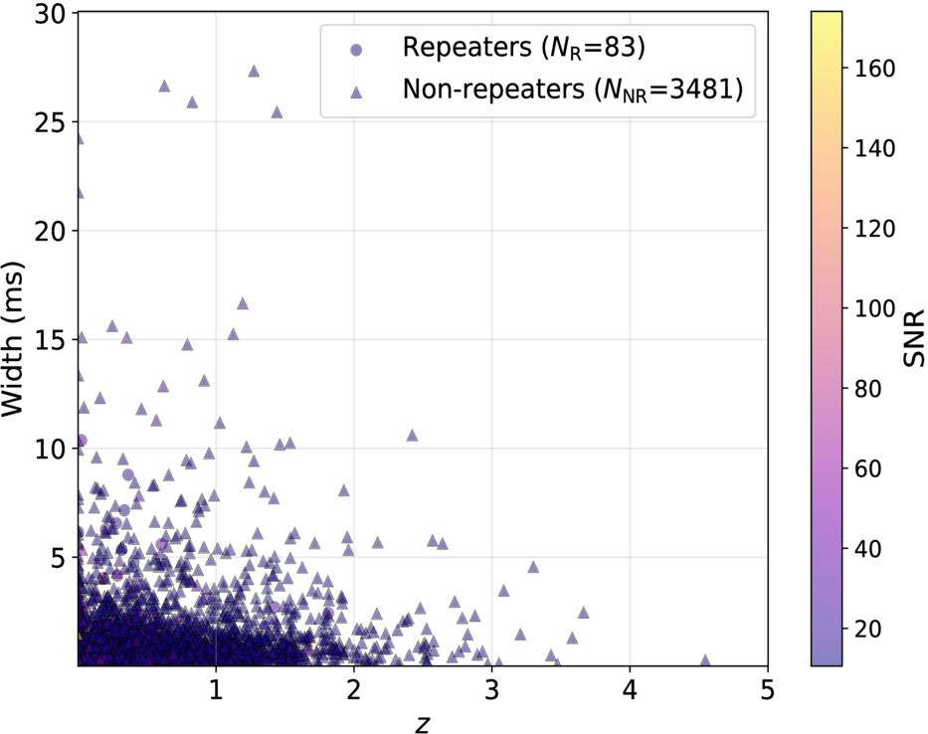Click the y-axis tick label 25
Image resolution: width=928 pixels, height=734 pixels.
[x=49, y=122]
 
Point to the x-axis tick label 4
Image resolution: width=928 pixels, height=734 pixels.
[x=630, y=690]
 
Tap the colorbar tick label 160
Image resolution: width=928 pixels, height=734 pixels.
[x=874, y=69]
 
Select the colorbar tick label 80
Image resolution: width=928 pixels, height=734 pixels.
[x=867, y=389]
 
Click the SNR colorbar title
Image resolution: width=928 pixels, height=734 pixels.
[x=914, y=338]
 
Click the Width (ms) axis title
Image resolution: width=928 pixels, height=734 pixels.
[x=12, y=338]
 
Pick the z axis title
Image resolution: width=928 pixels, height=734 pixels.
[x=422, y=723]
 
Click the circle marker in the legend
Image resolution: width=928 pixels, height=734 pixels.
[x=356, y=51]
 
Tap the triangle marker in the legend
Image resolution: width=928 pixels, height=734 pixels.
[x=356, y=92]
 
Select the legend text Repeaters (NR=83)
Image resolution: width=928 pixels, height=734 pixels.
[x=523, y=47]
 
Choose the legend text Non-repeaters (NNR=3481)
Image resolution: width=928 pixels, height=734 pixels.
[x=572, y=90]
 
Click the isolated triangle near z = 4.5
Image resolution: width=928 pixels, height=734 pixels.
[x=705, y=660]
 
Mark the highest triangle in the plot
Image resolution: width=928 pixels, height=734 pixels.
[x=254, y=71]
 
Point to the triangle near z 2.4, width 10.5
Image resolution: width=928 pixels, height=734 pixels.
[x=412, y=436]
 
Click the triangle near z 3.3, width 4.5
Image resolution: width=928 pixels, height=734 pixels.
[x=533, y=567]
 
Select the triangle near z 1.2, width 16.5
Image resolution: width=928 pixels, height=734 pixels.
[x=242, y=303]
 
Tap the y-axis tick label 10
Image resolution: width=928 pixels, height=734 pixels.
[x=49, y=450]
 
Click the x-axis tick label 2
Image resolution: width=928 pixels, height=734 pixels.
[x=354, y=690]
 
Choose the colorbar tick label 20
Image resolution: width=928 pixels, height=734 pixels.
[x=867, y=629]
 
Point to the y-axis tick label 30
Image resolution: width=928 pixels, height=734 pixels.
[x=49, y=14]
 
